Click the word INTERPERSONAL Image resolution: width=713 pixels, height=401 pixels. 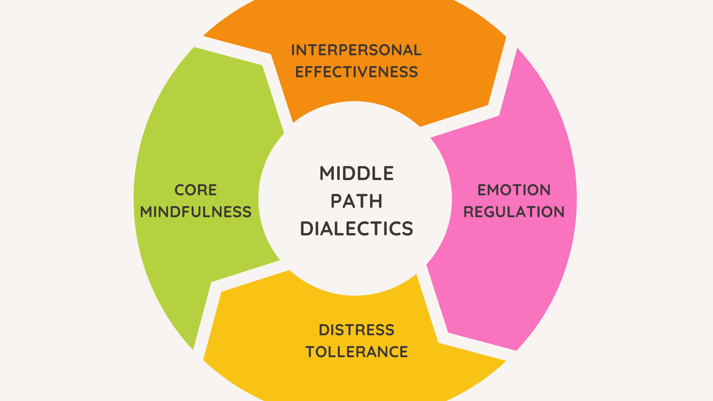tap(356, 50)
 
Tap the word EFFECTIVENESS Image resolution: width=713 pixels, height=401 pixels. tap(356, 72)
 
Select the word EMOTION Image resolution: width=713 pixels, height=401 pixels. tap(514, 190)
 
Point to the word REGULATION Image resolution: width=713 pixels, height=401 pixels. tap(514, 212)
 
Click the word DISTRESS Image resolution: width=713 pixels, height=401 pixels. tap(356, 330)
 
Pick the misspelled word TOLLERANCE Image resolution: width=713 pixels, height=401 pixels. tap(356, 352)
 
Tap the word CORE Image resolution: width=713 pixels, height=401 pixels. tap(196, 190)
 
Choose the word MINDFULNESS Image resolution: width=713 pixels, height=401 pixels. tap(196, 212)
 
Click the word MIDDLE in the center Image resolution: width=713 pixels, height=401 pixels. tap(356, 173)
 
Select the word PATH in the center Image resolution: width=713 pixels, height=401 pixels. tap(356, 201)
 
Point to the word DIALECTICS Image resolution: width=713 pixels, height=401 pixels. tap(356, 229)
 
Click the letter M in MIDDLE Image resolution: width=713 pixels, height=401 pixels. tap(326, 173)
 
